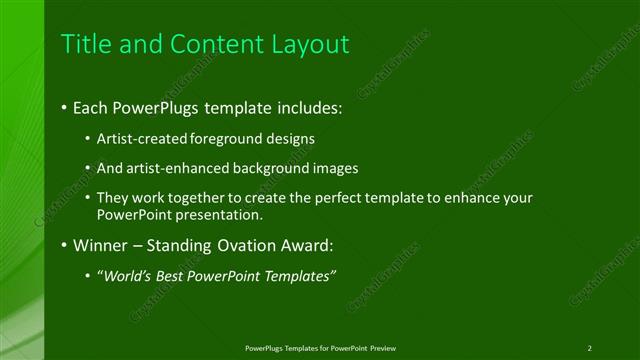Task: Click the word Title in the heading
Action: pyautogui.click(x=85, y=44)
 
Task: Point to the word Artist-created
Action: pyautogui.click(x=140, y=139)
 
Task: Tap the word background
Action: pyautogui.click(x=271, y=169)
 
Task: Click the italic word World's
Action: pyautogui.click(x=127, y=276)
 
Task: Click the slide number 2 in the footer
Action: pyautogui.click(x=589, y=348)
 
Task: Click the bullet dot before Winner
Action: pyautogui.click(x=65, y=245)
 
